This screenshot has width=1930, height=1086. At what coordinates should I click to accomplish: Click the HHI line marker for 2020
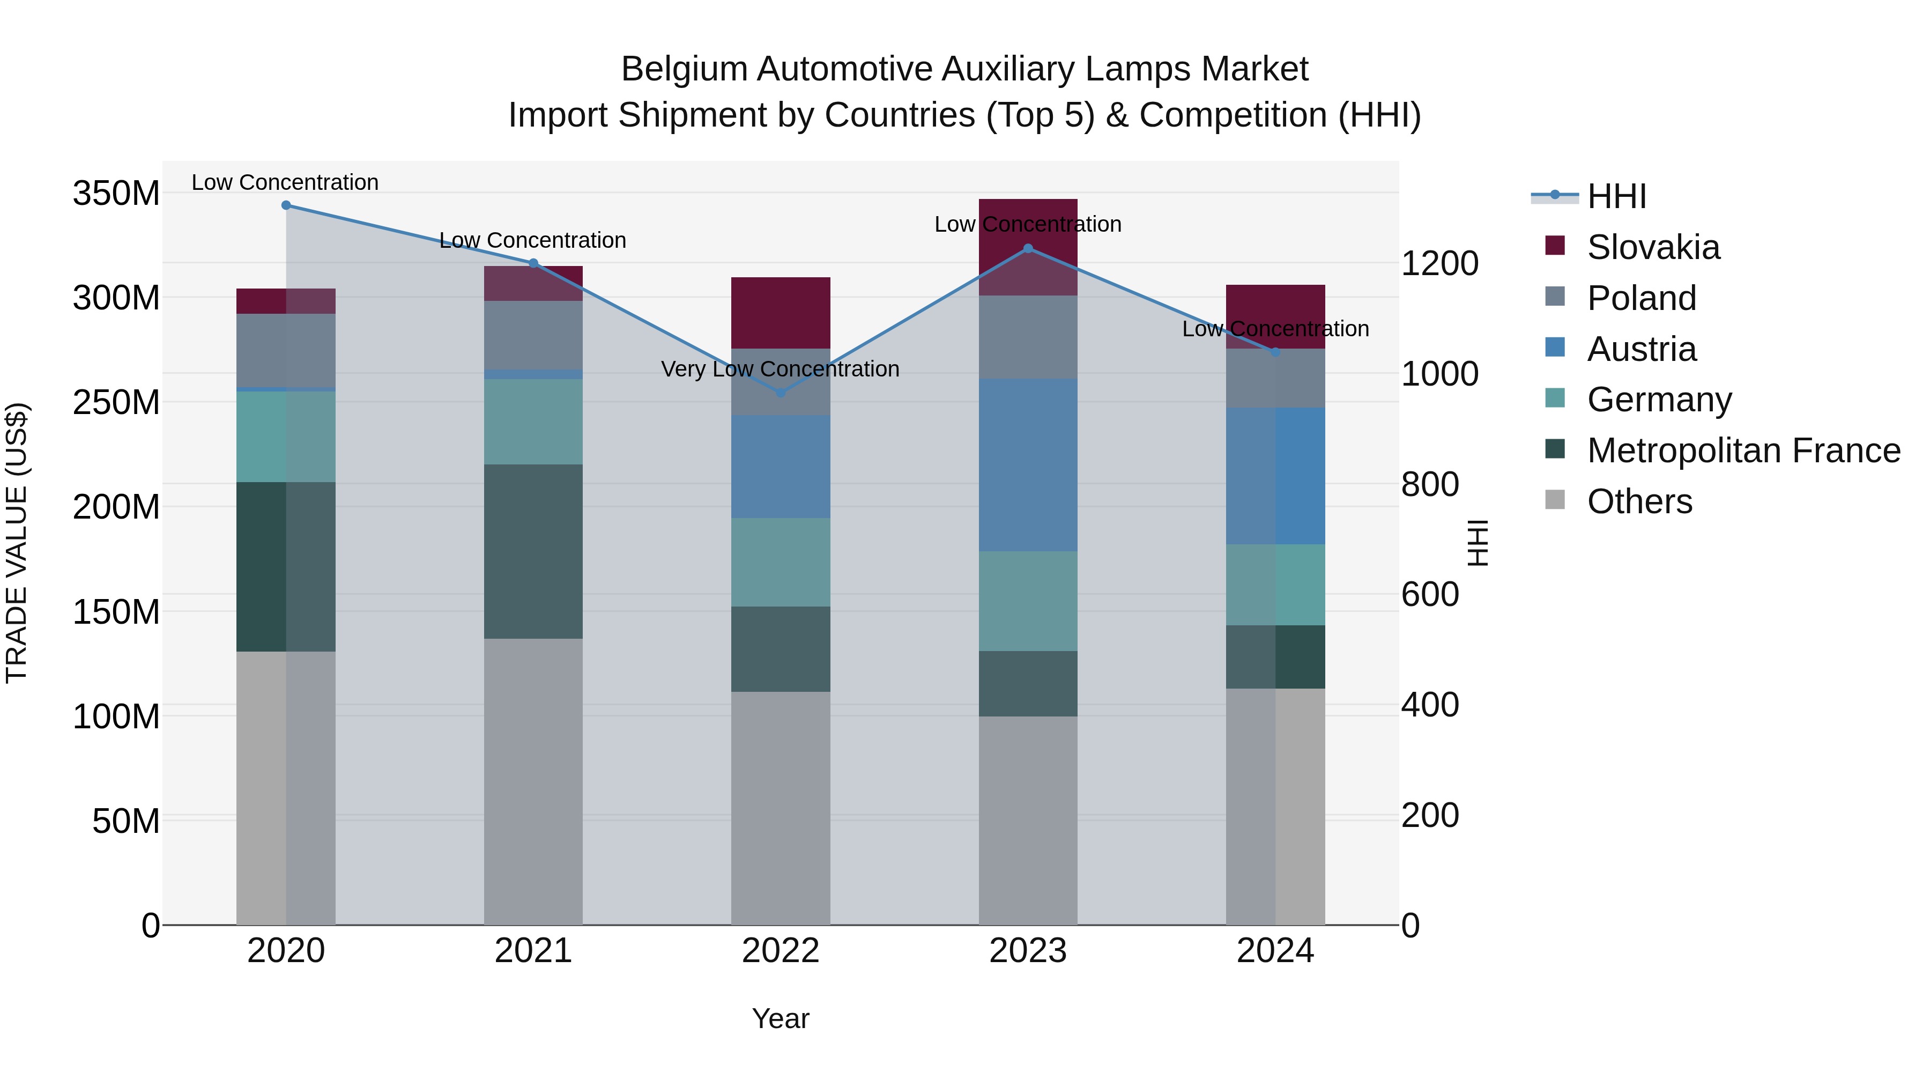point(286,205)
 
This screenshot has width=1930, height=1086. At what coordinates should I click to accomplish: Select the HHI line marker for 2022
point(781,393)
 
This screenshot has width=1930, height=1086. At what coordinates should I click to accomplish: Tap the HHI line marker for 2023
point(1028,248)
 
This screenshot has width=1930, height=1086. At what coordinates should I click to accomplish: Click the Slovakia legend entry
point(1653,247)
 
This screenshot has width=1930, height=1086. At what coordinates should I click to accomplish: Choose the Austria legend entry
point(1641,349)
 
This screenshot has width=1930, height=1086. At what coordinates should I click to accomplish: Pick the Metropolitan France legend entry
point(1743,450)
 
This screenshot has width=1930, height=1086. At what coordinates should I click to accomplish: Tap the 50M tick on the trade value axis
point(126,822)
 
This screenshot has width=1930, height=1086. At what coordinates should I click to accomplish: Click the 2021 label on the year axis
point(533,951)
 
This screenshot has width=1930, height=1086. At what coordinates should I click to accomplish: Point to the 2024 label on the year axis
point(1275,951)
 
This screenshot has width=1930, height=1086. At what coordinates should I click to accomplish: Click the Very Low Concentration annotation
point(780,369)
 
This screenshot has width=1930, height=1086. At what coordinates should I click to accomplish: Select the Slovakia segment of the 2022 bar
point(781,313)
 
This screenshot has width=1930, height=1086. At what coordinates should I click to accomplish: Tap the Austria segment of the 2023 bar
point(1028,464)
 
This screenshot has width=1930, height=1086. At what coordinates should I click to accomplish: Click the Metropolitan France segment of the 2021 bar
point(533,551)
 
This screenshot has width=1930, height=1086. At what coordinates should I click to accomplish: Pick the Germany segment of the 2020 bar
point(286,436)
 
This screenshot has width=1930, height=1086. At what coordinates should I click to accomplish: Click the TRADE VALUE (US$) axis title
point(17,543)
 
